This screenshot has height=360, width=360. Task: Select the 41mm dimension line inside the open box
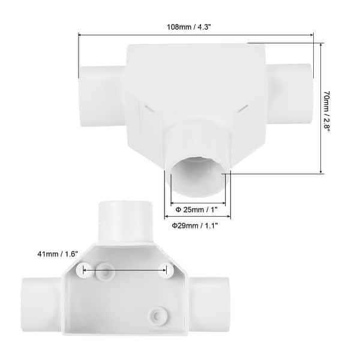[124, 271]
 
